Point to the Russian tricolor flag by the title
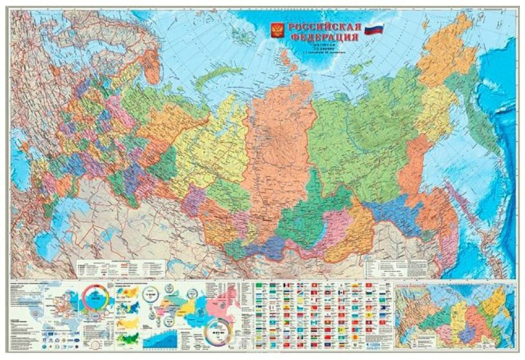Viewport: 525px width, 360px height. [374, 30]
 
